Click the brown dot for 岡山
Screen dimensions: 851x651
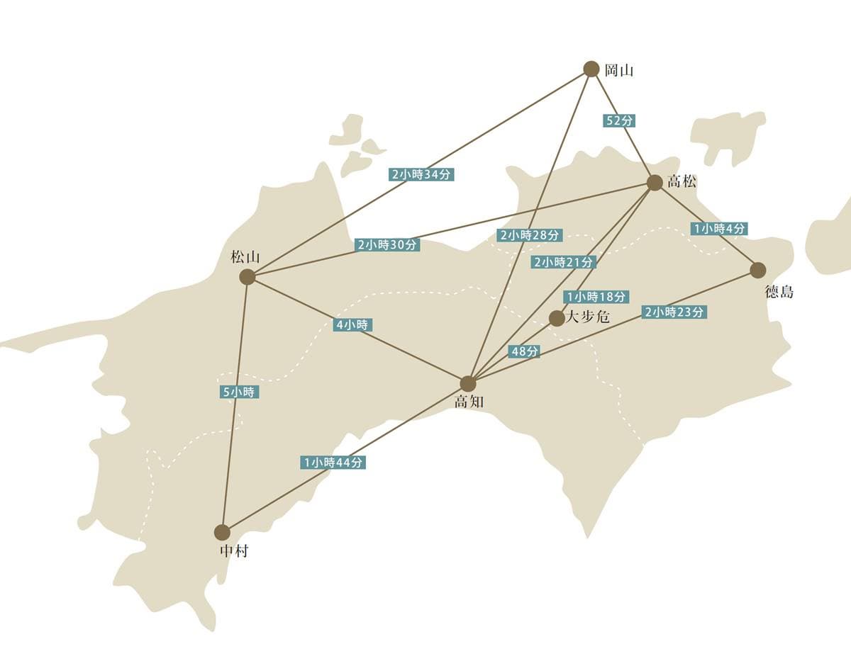[591, 69]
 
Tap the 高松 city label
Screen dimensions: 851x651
[682, 181]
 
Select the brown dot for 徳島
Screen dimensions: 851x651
[758, 270]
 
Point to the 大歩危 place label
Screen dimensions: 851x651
[588, 317]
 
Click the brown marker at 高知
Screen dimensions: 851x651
[468, 383]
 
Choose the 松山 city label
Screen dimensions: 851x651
[245, 257]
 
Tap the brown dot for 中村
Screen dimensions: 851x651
[223, 532]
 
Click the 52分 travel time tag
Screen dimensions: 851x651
[619, 121]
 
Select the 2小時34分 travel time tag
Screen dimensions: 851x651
[421, 174]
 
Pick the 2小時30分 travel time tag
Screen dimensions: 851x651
[387, 245]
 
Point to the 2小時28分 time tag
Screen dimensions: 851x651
[530, 235]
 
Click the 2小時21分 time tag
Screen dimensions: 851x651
[564, 262]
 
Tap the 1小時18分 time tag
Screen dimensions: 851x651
[596, 297]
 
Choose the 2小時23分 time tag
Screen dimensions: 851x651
[674, 312]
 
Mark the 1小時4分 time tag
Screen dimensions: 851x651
[719, 228]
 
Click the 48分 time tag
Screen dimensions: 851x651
[524, 351]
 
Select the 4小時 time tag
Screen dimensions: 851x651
[352, 325]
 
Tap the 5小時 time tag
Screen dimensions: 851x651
[239, 392]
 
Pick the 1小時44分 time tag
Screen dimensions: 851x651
[333, 463]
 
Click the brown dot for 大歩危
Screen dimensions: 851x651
[556, 318]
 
